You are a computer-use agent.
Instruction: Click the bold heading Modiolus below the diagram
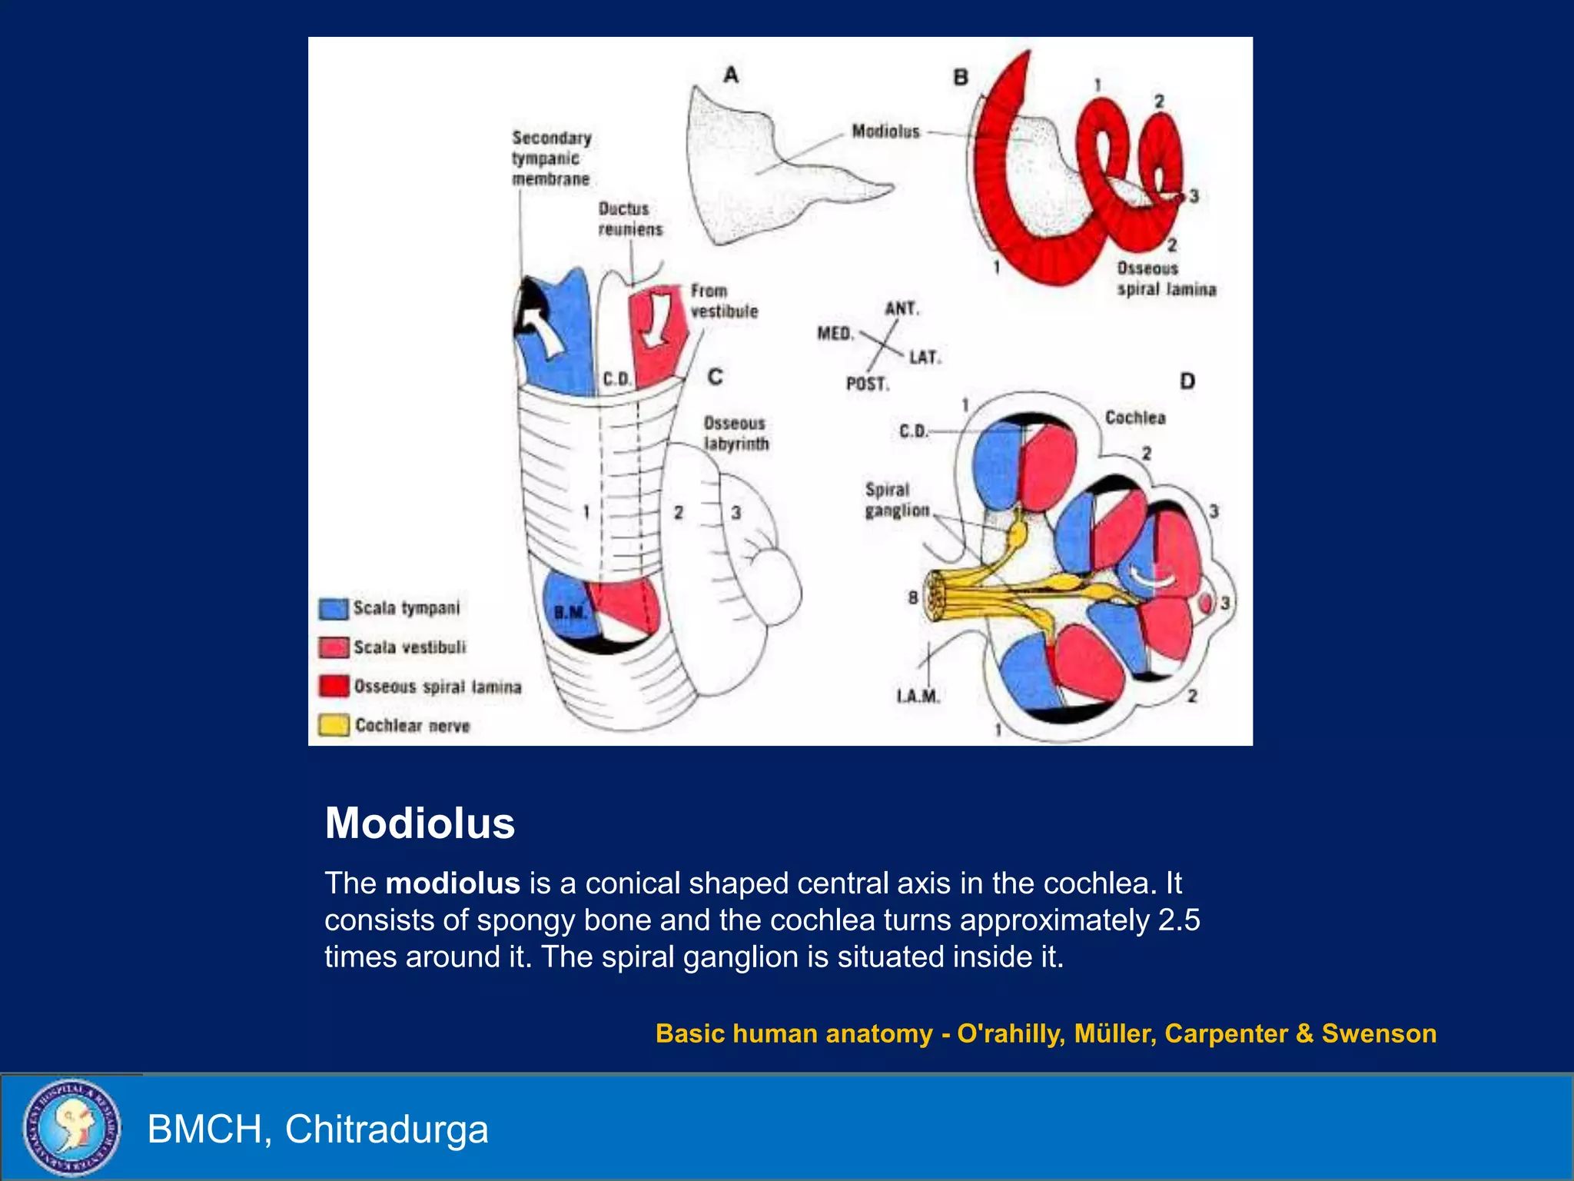point(420,823)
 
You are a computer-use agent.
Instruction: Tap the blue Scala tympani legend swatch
point(334,609)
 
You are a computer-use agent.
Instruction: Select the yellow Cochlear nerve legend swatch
point(334,725)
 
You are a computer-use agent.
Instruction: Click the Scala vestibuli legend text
point(409,647)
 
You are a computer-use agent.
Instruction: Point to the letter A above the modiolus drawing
point(731,75)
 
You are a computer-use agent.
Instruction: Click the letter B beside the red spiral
point(961,78)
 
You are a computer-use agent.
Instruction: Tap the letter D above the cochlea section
point(1187,381)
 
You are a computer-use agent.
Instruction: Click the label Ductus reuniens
point(629,219)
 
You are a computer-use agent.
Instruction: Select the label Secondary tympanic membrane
point(551,158)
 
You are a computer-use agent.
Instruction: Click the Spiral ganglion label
point(896,500)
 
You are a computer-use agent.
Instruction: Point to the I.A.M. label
point(918,697)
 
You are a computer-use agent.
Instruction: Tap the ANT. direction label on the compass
point(902,309)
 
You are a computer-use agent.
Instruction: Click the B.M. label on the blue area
point(569,613)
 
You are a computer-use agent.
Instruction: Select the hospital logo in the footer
point(71,1127)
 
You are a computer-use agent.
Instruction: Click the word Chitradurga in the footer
point(387,1129)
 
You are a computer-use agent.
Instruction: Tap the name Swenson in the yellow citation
point(1379,1033)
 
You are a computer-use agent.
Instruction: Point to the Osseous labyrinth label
point(736,434)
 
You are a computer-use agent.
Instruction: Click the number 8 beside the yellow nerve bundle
point(913,597)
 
